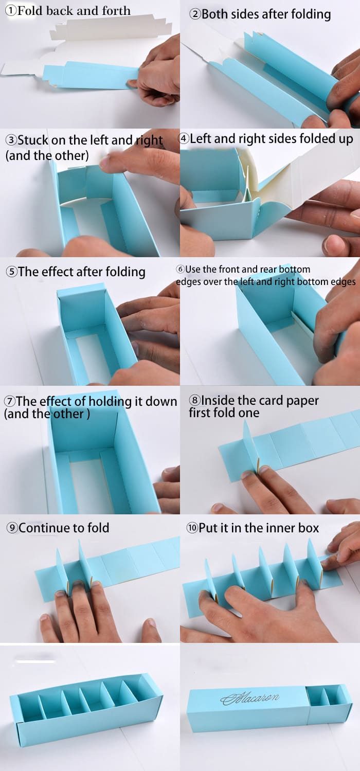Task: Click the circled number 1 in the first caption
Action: click(x=11, y=11)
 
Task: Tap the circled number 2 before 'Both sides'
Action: click(x=195, y=14)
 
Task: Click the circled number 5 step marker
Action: click(x=12, y=272)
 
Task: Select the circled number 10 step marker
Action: click(x=192, y=528)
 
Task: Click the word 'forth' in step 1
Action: click(x=116, y=11)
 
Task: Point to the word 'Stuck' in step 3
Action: click(x=33, y=140)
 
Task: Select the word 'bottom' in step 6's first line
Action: click(x=294, y=269)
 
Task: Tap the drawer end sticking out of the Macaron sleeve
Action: click(x=329, y=704)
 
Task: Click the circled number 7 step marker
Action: click(x=10, y=401)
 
